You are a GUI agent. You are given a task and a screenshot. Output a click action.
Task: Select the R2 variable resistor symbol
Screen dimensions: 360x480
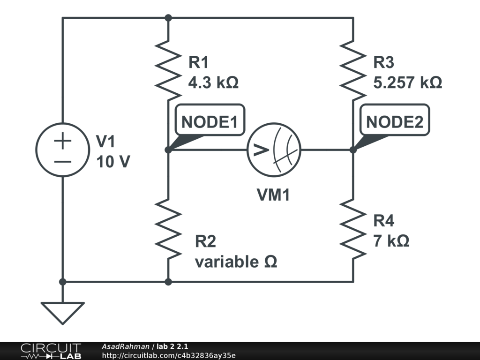coord(168,228)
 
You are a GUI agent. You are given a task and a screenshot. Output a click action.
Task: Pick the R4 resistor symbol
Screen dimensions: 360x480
coord(353,228)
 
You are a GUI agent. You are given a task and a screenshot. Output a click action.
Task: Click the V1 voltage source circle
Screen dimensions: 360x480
coord(62,150)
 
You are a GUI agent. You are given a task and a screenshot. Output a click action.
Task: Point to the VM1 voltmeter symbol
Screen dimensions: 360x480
coord(274,150)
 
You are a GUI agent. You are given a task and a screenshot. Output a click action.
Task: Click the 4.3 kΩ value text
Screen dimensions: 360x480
coord(213,83)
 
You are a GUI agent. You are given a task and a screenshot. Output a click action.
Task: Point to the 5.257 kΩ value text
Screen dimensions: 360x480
coord(407,83)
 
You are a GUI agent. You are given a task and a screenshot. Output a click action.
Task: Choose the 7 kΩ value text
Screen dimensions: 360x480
coord(391,241)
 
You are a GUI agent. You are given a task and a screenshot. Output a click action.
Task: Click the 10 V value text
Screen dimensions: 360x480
coord(113,162)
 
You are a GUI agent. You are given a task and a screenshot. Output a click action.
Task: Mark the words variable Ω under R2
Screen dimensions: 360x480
coord(236,262)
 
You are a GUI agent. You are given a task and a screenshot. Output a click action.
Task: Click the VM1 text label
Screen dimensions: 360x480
coord(273,195)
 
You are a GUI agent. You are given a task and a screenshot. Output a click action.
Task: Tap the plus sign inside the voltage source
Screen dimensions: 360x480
coord(62,141)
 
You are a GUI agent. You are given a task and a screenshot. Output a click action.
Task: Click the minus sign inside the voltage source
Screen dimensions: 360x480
coord(62,162)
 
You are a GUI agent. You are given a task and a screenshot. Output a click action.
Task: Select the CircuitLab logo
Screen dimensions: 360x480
coord(51,351)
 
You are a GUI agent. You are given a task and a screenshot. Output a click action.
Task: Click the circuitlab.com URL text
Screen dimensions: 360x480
coord(168,356)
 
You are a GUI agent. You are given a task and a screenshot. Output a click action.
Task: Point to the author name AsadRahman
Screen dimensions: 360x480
coord(125,346)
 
